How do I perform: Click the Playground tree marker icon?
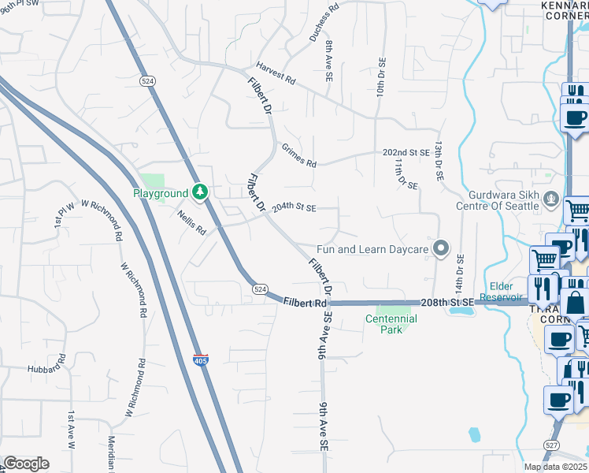pos(201,192)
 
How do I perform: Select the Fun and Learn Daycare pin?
pos(441,250)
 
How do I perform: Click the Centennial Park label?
pos(391,324)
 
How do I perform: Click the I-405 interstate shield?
pos(201,360)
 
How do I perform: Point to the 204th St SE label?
pos(294,208)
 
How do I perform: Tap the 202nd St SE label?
pos(406,152)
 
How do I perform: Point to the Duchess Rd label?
pos(324,22)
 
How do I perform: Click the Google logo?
pos(26,464)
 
